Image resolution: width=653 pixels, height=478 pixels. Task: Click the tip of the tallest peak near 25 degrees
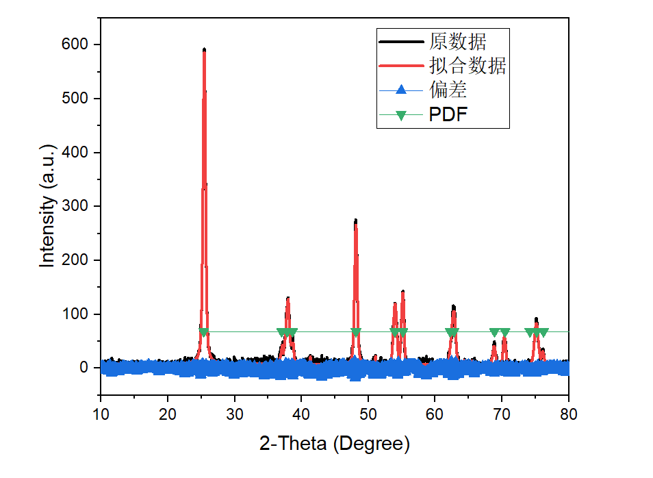pyautogui.click(x=204, y=49)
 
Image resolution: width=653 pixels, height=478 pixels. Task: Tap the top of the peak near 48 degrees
pyautogui.click(x=355, y=221)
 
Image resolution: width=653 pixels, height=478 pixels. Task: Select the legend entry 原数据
pyautogui.click(x=458, y=42)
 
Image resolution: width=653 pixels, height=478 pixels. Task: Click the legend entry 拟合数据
pyautogui.click(x=468, y=66)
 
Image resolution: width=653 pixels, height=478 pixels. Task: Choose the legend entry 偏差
pyautogui.click(x=448, y=90)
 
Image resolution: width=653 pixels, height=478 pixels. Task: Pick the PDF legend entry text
pyautogui.click(x=448, y=114)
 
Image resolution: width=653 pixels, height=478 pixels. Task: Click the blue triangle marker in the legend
pyautogui.click(x=402, y=90)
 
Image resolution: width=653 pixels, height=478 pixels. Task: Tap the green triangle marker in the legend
pyautogui.click(x=402, y=115)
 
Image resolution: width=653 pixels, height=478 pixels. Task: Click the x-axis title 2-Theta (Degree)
pyautogui.click(x=335, y=444)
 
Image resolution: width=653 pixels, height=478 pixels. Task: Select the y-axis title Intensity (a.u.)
pyautogui.click(x=47, y=205)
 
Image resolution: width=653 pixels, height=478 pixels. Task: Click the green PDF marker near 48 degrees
pyautogui.click(x=355, y=333)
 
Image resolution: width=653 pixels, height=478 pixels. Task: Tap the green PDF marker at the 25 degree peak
pyautogui.click(x=204, y=333)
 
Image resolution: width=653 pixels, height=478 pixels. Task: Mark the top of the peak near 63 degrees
pyautogui.click(x=453, y=307)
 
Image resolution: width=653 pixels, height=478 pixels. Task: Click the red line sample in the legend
pyautogui.click(x=402, y=66)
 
